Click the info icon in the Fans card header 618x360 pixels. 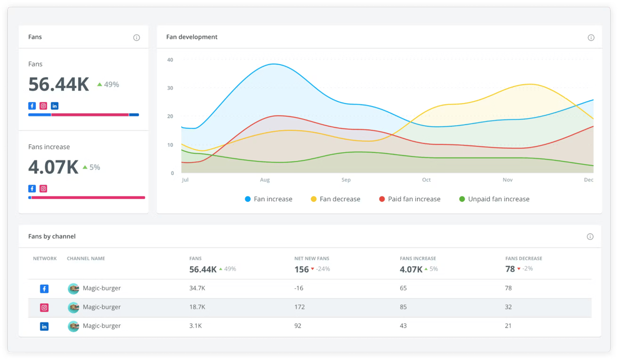click(x=137, y=38)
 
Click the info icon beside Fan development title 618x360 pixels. click(x=591, y=38)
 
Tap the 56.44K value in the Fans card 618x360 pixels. click(x=59, y=84)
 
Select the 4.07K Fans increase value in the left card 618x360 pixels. click(x=53, y=167)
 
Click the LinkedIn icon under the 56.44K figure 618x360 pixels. click(x=55, y=106)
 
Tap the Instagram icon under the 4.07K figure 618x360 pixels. click(x=43, y=189)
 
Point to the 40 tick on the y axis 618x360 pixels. click(x=170, y=60)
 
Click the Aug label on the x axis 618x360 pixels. click(x=265, y=180)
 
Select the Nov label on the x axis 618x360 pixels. click(x=507, y=180)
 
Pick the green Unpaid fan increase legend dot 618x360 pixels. click(x=462, y=199)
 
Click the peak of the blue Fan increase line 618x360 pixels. click(x=273, y=64)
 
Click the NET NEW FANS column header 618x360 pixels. click(x=311, y=259)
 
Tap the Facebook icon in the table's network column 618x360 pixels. click(x=44, y=289)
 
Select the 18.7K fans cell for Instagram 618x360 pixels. click(x=197, y=307)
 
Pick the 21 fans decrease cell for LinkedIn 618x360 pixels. click(x=508, y=326)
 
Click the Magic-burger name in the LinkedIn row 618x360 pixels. click(x=101, y=326)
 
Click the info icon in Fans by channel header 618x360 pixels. click(x=590, y=236)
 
